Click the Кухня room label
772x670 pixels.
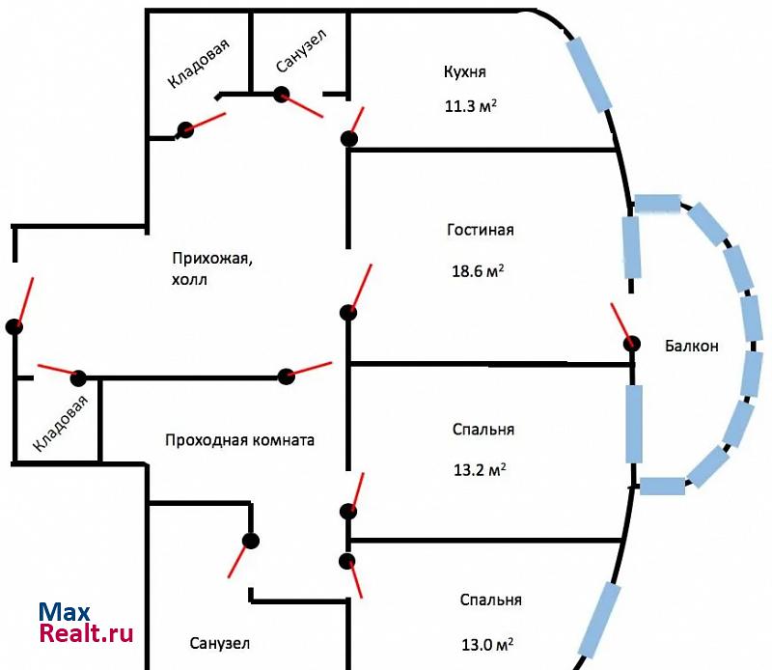464,72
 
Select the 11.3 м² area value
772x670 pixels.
471,106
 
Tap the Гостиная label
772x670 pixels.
481,230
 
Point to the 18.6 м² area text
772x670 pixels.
479,272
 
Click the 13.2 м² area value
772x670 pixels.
480,470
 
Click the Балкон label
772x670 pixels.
691,347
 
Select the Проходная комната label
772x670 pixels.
240,440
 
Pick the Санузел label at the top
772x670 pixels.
301,51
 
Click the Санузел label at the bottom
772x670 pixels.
220,642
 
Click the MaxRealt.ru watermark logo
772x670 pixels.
85,623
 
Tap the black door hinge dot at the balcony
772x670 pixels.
632,343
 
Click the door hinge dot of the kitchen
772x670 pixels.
349,139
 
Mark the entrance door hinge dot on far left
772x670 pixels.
14,326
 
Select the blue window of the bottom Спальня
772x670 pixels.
598,618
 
